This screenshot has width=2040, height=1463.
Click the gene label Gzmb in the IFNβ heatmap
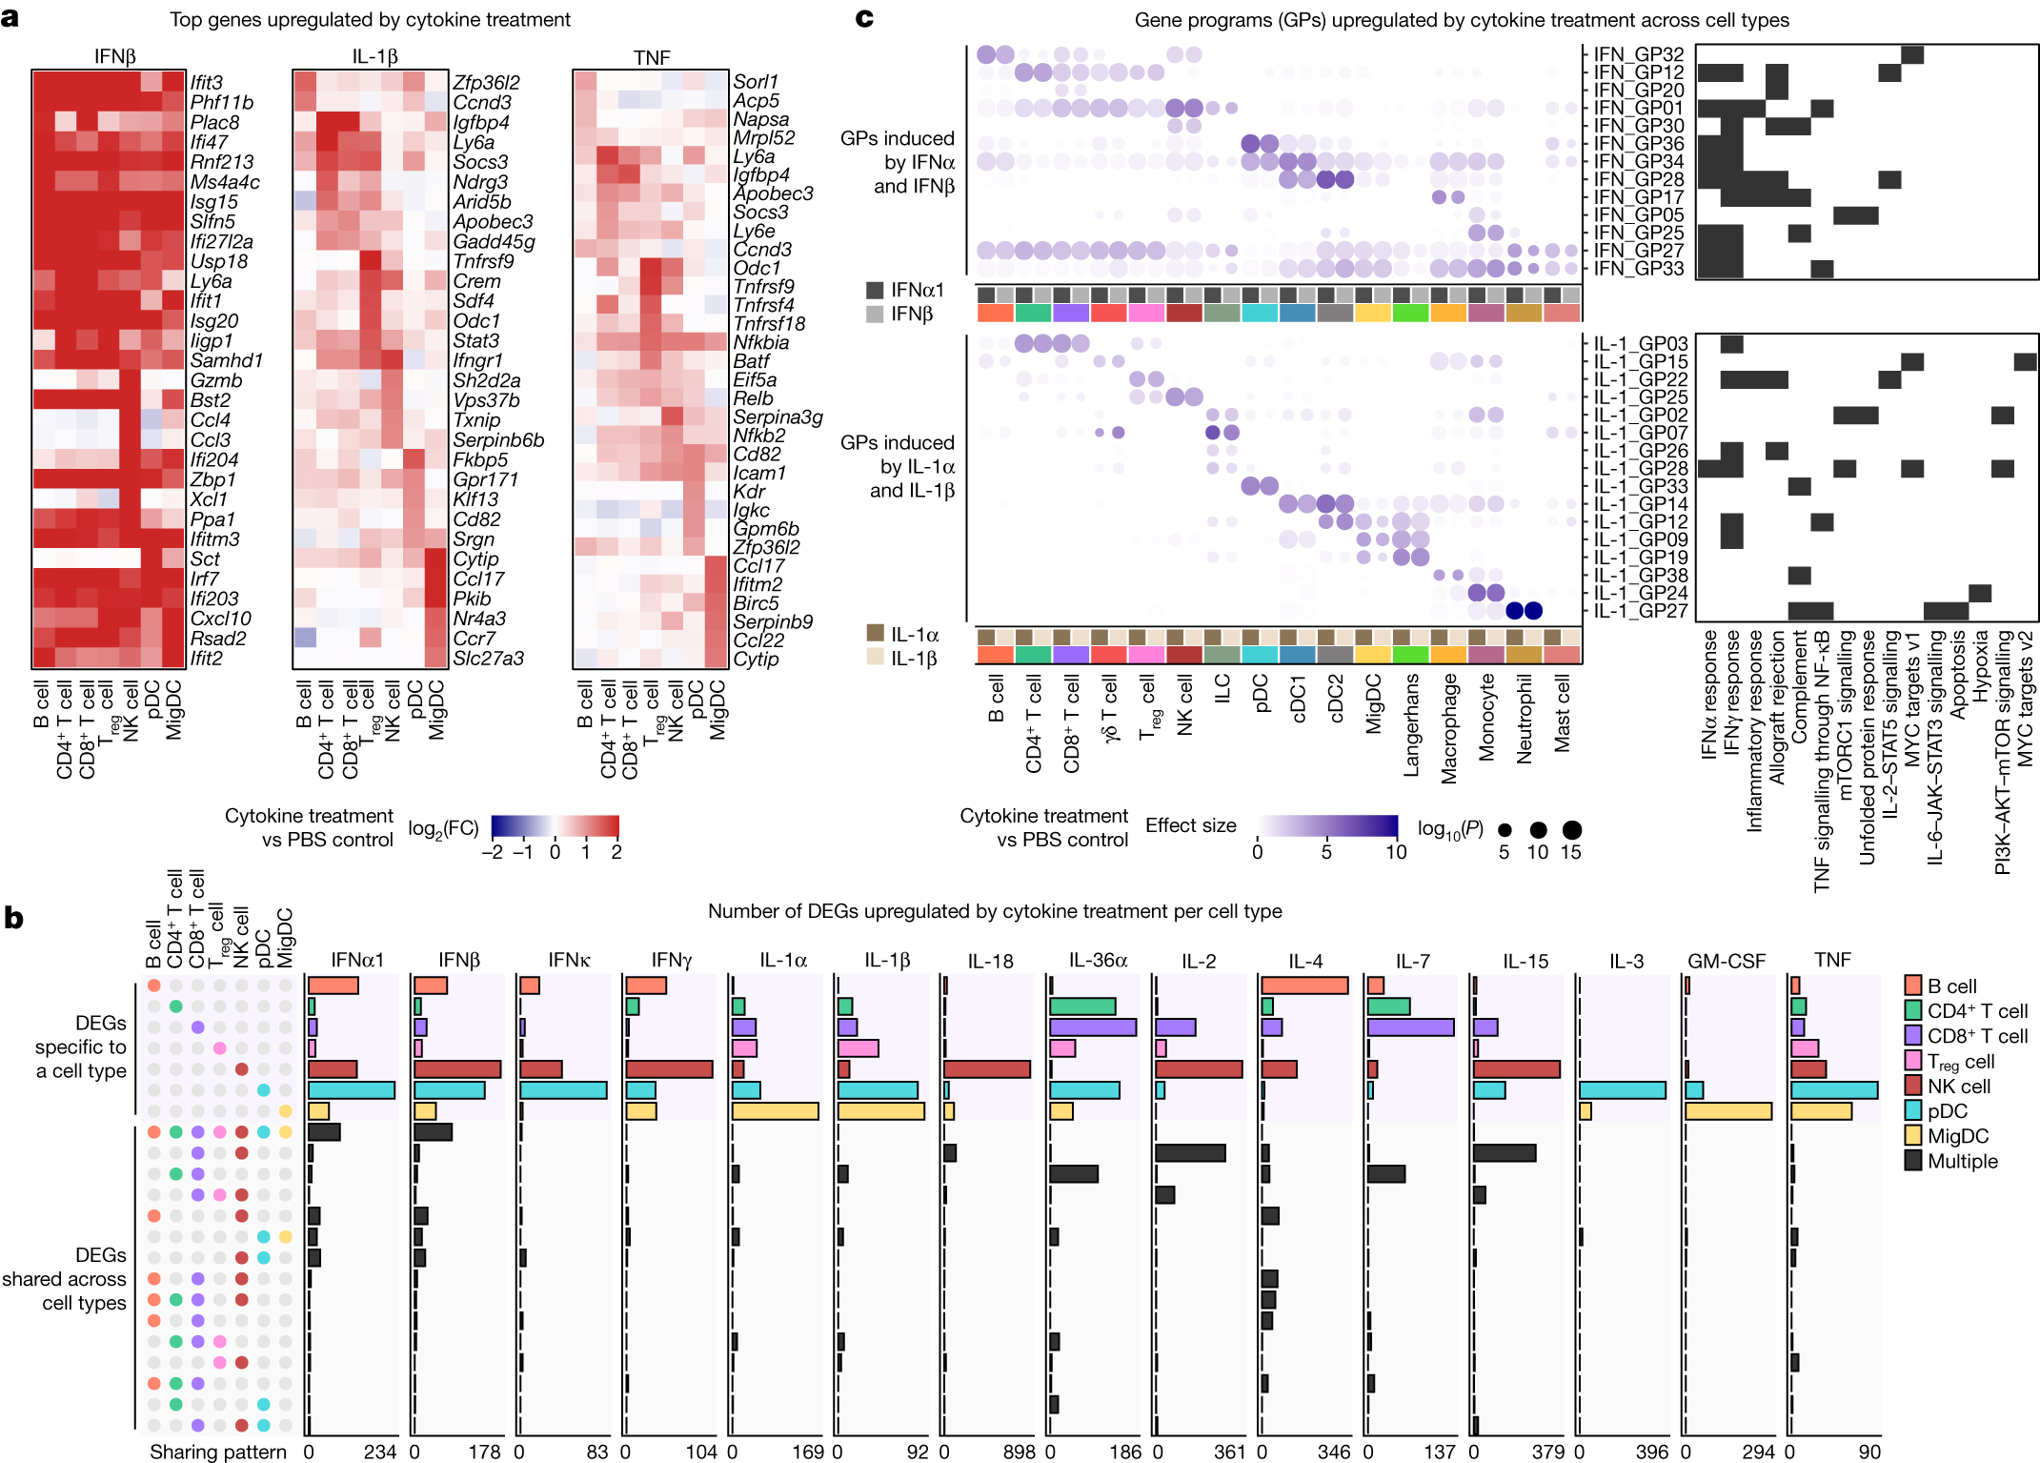point(215,380)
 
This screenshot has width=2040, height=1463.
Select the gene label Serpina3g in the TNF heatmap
point(777,417)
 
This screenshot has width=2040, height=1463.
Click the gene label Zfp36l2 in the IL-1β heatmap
point(485,83)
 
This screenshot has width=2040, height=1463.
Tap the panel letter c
point(864,17)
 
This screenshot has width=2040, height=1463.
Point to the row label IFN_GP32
point(1638,54)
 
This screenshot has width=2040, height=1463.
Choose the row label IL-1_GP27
point(1640,611)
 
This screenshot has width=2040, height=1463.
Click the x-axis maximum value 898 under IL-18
point(1019,1452)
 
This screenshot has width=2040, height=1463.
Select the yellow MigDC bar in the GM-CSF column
point(1728,1111)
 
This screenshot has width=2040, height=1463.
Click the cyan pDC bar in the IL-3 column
point(1622,1090)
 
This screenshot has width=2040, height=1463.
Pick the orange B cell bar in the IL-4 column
point(1303,985)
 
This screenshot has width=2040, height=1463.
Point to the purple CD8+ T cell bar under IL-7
point(1410,1027)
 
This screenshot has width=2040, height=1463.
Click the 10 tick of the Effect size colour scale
point(1395,852)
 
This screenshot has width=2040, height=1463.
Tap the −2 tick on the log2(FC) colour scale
point(492,852)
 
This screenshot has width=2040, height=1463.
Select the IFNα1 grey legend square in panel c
point(875,290)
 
